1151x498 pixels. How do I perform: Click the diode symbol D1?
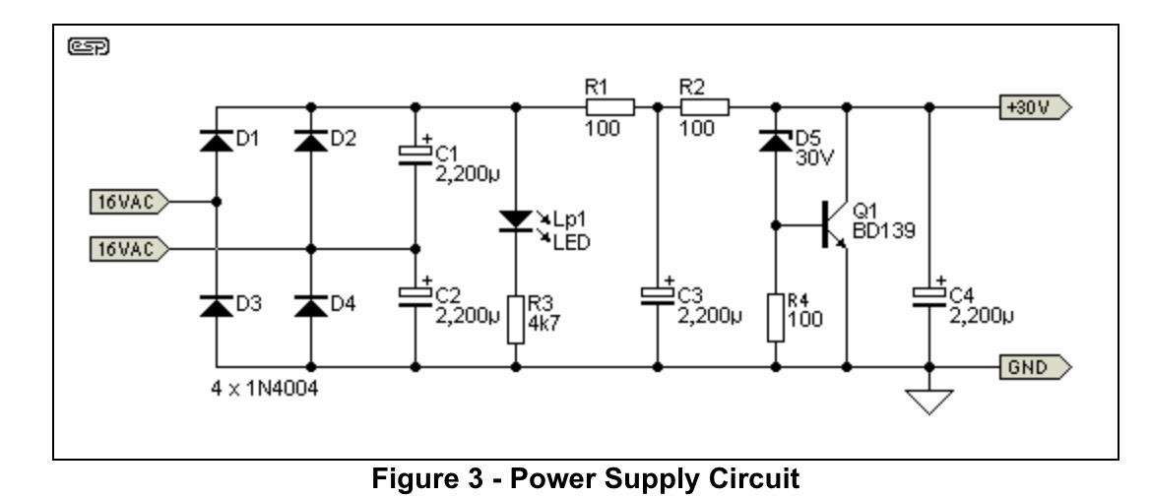(216, 140)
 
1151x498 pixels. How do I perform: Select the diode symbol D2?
(311, 140)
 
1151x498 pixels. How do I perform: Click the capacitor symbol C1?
(415, 155)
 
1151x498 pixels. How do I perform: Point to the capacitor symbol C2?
(415, 294)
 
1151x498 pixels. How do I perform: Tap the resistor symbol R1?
(610, 105)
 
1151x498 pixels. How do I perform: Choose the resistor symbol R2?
(704, 105)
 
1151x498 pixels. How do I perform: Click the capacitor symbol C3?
(657, 294)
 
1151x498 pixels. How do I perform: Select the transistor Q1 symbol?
(835, 225)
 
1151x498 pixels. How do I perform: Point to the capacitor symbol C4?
(927, 294)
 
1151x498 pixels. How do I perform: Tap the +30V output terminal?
(1034, 106)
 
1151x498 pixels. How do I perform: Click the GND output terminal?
(1034, 367)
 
